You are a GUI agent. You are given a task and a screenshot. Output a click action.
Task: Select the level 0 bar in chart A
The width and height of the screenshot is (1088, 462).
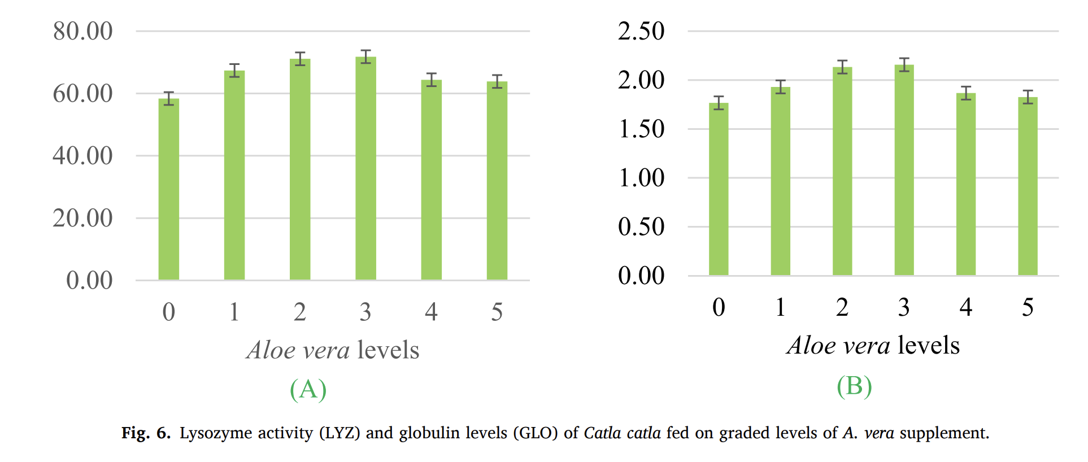[169, 189]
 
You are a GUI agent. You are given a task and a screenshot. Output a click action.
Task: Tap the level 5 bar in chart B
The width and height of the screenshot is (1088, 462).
[1028, 186]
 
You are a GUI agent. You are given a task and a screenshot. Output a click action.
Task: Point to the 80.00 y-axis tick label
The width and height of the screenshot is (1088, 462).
[82, 31]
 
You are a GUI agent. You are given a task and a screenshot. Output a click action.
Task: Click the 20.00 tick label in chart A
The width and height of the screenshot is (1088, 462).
[82, 218]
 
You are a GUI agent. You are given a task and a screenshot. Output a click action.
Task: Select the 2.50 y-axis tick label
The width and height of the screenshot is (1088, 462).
[641, 31]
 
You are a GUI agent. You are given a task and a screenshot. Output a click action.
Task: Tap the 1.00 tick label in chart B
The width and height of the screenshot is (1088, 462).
[641, 178]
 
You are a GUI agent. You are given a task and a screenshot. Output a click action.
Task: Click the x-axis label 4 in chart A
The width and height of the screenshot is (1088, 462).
[431, 312]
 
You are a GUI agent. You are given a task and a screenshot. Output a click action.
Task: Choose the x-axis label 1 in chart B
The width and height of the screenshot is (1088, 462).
[780, 307]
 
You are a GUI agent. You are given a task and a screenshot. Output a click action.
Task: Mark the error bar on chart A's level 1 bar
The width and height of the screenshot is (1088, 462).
[234, 70]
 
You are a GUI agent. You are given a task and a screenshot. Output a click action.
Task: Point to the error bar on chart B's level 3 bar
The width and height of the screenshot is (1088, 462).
[904, 64]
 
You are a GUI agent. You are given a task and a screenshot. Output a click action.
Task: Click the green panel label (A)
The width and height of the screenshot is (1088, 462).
[308, 389]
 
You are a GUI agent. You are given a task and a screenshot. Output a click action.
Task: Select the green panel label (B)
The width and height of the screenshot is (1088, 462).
[854, 386]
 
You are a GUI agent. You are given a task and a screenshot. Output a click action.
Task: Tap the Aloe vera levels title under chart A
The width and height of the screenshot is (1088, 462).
[333, 350]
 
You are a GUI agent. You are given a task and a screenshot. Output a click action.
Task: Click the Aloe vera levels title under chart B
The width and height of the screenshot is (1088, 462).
[873, 346]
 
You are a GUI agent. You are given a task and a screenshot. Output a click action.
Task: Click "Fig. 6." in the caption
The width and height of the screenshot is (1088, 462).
[146, 433]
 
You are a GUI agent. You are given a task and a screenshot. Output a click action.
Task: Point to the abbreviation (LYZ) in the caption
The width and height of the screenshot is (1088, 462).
[339, 433]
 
